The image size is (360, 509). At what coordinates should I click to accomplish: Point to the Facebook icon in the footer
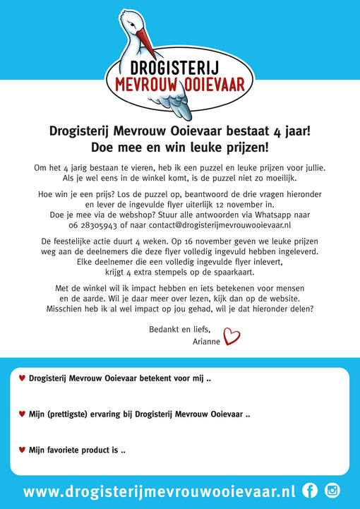pyautogui.click(x=309, y=491)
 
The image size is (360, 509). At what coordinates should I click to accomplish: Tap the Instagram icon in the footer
pyautogui.click(x=332, y=491)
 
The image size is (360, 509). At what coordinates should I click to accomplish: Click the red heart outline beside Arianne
pyautogui.click(x=232, y=336)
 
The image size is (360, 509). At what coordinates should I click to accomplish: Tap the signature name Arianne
pyautogui.click(x=206, y=341)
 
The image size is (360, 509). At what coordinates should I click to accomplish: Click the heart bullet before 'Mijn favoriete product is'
pyautogui.click(x=21, y=450)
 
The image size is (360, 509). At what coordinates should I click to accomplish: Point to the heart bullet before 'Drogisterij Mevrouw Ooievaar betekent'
pyautogui.click(x=21, y=378)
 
